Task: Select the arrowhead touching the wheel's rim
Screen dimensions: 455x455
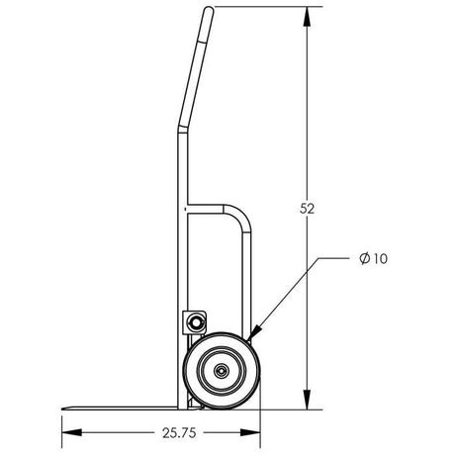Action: click(x=256, y=335)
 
